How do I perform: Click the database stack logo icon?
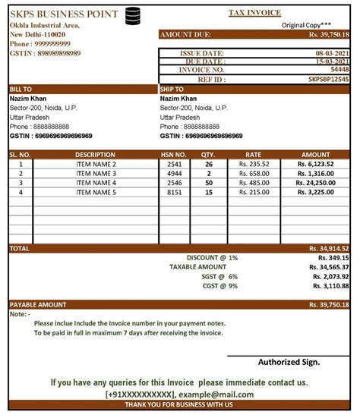pyautogui.click(x=134, y=14)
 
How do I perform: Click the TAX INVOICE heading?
pyautogui.click(x=254, y=13)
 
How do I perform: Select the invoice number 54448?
pyautogui.click(x=339, y=69)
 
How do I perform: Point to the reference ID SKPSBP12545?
pyautogui.click(x=329, y=78)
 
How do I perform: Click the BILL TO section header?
pyautogui.click(x=21, y=89)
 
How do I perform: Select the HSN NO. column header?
pyautogui.click(x=174, y=154)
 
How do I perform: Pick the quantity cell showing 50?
pyautogui.click(x=208, y=183)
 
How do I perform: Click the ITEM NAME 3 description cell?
pyautogui.click(x=96, y=173)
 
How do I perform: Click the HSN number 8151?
pyautogui.click(x=174, y=193)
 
